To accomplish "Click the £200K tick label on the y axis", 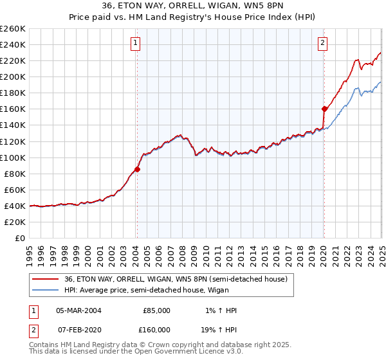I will pyautogui.click(x=12, y=76).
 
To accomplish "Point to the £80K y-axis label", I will pyautogui.click(x=14, y=174).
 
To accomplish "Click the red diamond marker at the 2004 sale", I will pyautogui.click(x=137, y=170).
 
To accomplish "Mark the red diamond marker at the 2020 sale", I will pyautogui.click(x=324, y=109).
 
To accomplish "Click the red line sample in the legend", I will pyautogui.click(x=46, y=279).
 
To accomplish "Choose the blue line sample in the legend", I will pyautogui.click(x=46, y=290).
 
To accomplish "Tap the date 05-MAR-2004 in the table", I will pyautogui.click(x=78, y=310).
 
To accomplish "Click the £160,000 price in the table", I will pyautogui.click(x=156, y=330).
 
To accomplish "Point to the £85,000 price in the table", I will pyautogui.click(x=156, y=310).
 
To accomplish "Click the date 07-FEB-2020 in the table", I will pyautogui.click(x=78, y=330).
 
